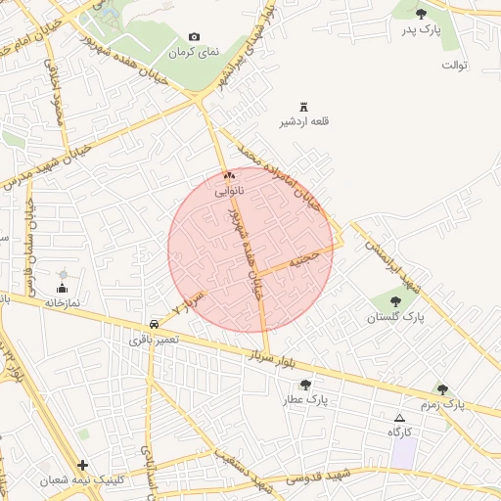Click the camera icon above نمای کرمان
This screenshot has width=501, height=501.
[194, 37]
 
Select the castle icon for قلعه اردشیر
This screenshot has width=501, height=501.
[303, 107]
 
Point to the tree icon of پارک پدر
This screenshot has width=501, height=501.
[422, 14]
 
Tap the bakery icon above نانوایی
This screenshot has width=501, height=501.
[229, 176]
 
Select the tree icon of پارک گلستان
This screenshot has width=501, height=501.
[395, 301]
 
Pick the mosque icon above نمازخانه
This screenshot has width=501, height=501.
[63, 288]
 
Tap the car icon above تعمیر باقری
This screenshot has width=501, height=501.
[155, 324]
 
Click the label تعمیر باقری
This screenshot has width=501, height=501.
[155, 341]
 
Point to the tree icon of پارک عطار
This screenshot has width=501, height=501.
[305, 385]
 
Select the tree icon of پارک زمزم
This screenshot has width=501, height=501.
[441, 388]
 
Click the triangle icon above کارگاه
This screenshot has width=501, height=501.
[398, 418]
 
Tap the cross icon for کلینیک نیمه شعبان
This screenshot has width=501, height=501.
[82, 465]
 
